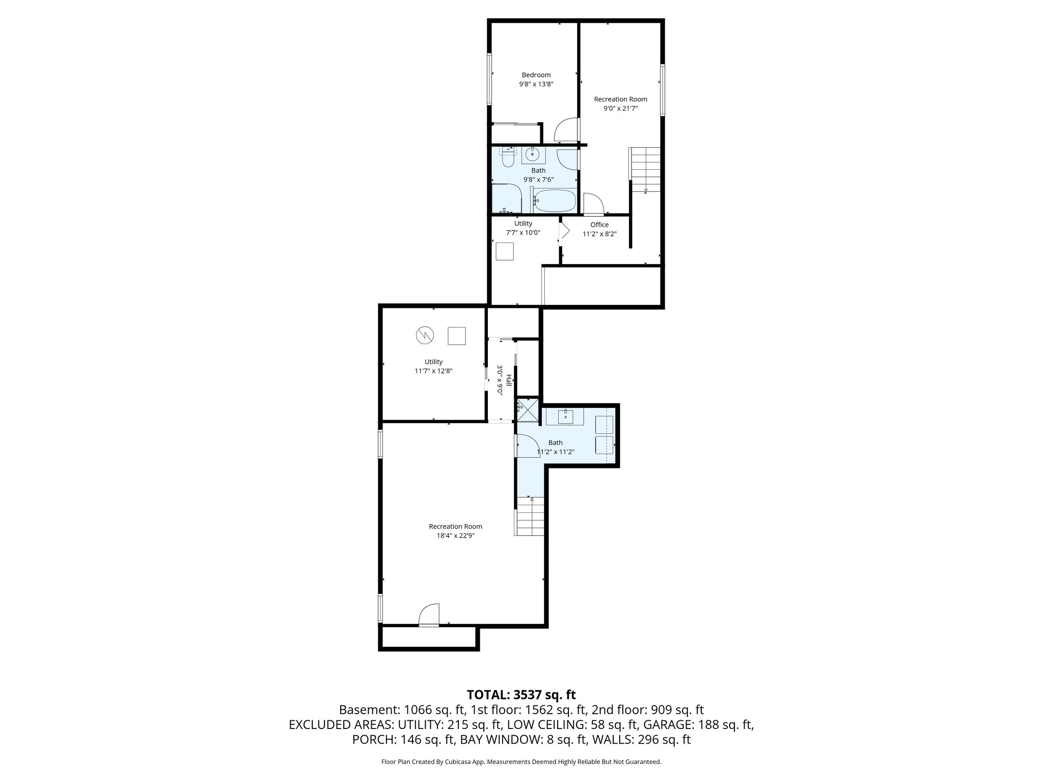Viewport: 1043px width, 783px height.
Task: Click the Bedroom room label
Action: pos(536,75)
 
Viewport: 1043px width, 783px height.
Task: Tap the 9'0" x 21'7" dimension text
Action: pos(620,109)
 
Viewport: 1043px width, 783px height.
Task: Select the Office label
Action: pos(599,225)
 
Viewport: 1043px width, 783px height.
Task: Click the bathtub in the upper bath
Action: pos(555,201)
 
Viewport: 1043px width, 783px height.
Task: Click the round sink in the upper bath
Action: pos(533,153)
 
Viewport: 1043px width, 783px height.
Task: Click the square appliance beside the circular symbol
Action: pos(457,335)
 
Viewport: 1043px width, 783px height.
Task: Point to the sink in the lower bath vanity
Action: pos(566,416)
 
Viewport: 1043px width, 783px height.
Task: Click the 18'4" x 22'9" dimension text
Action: pos(455,536)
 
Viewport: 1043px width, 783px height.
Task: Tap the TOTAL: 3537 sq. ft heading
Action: pos(521,694)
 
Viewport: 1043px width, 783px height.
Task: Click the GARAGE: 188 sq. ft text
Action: pos(698,724)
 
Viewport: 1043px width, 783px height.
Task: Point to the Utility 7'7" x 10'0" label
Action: pos(523,228)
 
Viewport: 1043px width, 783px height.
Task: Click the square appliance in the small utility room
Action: pos(504,252)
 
